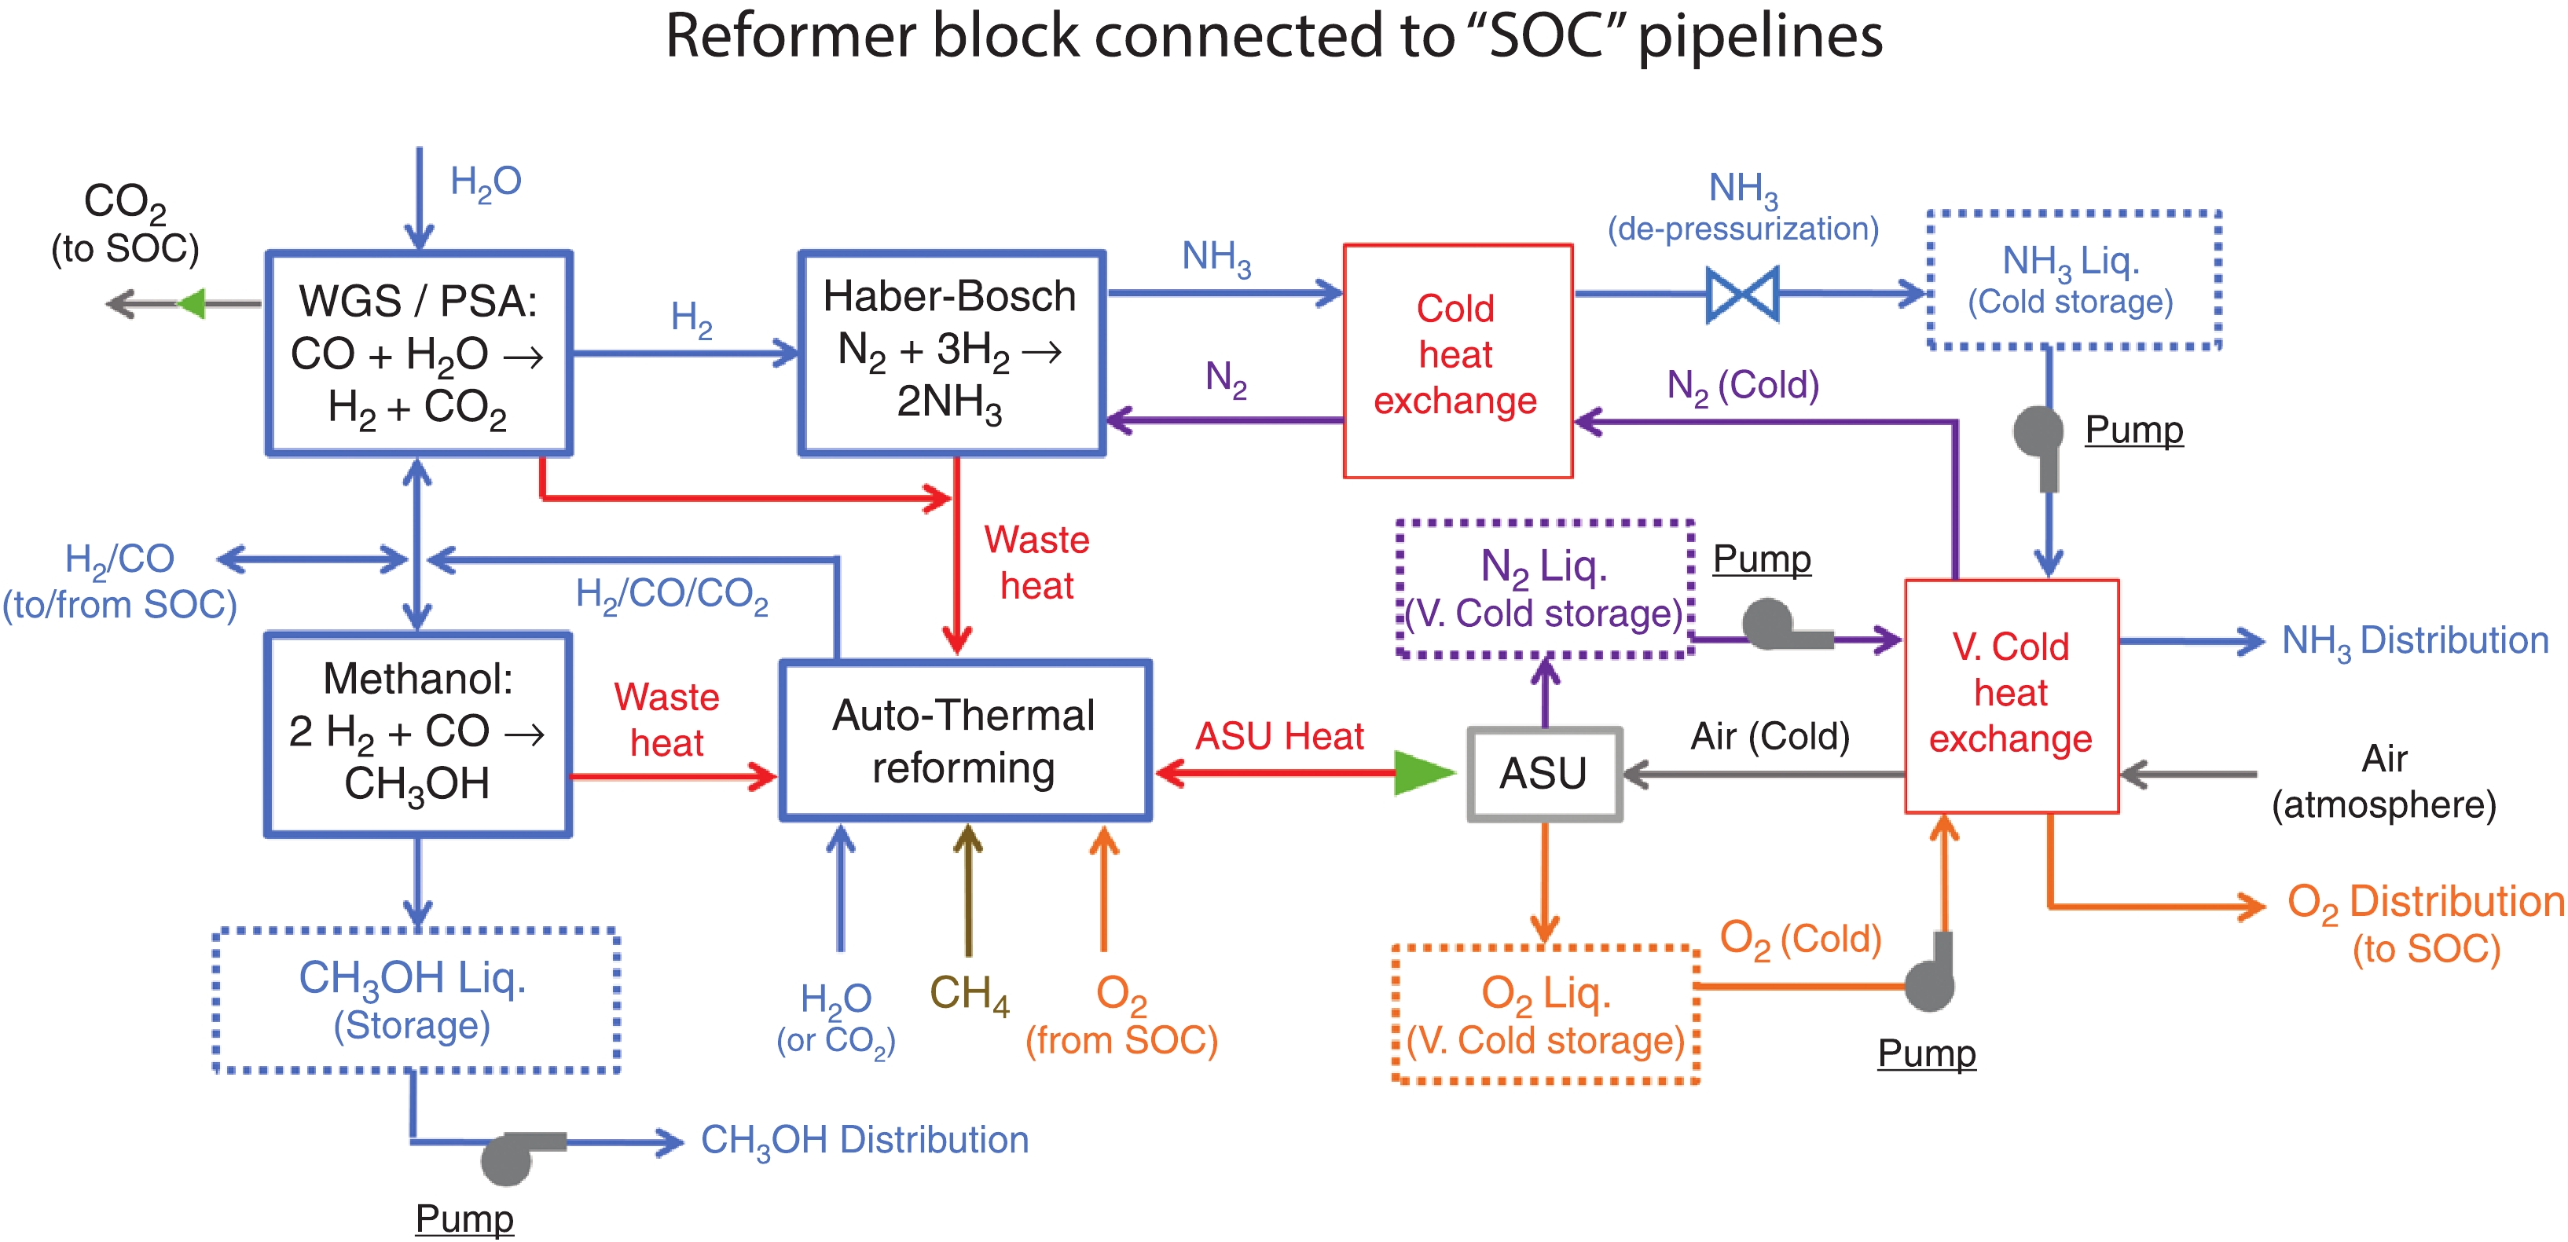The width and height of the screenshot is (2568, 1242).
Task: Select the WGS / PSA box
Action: (x=419, y=354)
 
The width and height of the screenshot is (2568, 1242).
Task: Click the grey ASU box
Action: (x=1543, y=775)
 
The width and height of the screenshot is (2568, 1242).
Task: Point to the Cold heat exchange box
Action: (x=1458, y=361)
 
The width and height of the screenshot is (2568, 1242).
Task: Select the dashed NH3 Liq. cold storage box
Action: (x=2074, y=280)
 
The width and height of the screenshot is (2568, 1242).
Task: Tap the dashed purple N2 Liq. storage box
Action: (x=1545, y=588)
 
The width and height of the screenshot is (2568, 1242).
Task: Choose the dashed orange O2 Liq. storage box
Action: (x=1545, y=1013)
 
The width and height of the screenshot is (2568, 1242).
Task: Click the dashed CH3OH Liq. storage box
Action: (x=416, y=1000)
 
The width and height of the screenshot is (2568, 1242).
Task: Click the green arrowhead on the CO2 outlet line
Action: (x=192, y=303)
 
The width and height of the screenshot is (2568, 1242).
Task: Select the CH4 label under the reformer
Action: (x=969, y=994)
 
